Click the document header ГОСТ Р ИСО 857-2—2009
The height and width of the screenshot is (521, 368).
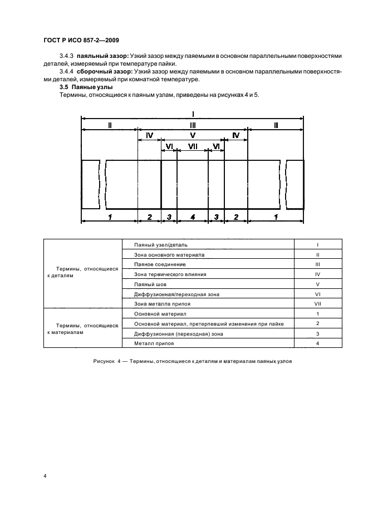(80, 40)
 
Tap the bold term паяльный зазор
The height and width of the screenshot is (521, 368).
(102, 56)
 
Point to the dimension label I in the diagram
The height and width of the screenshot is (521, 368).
(193, 112)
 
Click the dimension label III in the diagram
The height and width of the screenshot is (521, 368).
(193, 126)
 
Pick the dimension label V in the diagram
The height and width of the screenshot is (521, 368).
(193, 135)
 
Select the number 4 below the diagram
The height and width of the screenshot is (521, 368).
(193, 217)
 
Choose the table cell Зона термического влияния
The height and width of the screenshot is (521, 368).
(170, 274)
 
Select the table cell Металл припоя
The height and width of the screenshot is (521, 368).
(154, 343)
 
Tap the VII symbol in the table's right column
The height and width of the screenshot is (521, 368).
(317, 304)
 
